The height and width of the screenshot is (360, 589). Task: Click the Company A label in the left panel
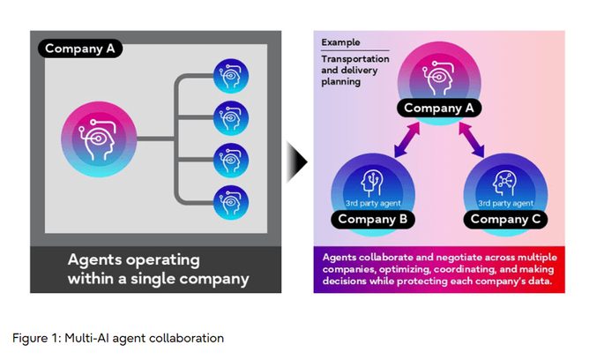78,49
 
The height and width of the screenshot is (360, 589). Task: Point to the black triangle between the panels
298,161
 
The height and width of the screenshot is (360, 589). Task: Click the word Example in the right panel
340,42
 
